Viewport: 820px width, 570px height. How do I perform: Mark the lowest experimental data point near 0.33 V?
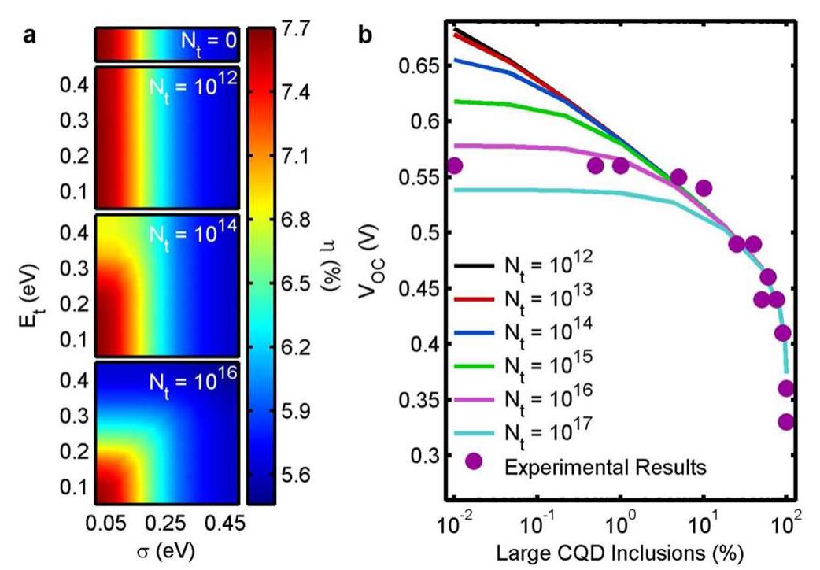click(x=786, y=422)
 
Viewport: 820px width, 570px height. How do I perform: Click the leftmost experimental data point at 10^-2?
click(x=454, y=165)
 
